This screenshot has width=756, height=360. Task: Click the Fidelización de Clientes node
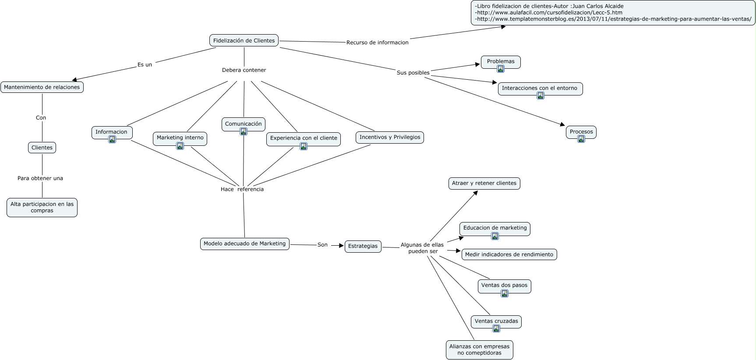coord(244,41)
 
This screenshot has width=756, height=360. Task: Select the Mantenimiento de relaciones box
coord(42,87)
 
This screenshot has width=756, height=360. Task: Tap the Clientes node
coord(42,148)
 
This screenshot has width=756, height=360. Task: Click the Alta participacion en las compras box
coord(42,208)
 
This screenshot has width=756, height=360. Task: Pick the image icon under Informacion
coord(112,139)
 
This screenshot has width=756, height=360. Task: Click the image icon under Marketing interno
coord(180,146)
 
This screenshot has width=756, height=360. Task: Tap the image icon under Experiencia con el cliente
coord(304,146)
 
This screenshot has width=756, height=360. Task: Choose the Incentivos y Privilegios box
coord(390,138)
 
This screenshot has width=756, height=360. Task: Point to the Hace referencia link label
coord(242,189)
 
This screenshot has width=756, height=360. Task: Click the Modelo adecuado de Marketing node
coord(245,244)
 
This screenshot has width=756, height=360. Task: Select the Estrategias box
coord(363,246)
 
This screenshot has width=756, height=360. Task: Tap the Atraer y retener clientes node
coord(484,184)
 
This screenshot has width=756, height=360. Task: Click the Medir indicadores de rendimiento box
coord(509,254)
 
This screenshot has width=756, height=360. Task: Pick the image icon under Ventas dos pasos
coord(505,293)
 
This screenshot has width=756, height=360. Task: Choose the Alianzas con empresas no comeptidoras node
coord(480,350)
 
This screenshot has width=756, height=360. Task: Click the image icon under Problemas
coord(501,69)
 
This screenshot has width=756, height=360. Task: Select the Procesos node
coord(581,132)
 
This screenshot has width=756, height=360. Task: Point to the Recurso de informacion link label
coord(378,42)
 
